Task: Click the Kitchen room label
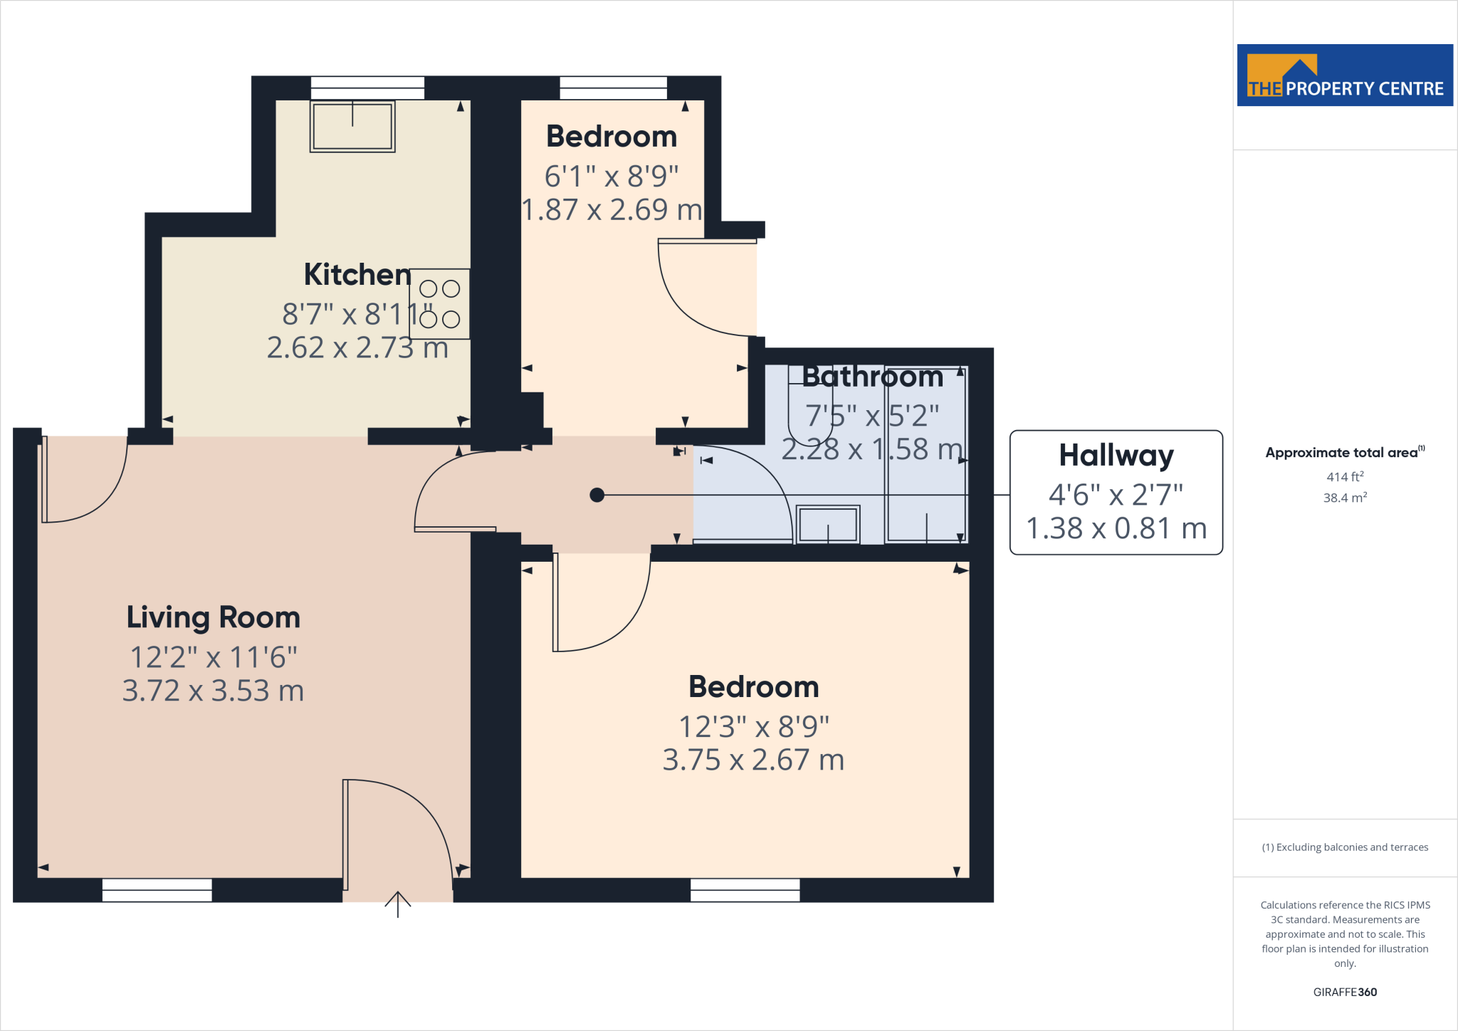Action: (357, 274)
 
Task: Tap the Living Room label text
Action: (213, 617)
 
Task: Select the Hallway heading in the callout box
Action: (1116, 456)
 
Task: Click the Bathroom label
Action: (872, 377)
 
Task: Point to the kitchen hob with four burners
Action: (439, 304)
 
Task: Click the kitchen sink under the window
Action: (352, 127)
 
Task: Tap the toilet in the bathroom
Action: (809, 413)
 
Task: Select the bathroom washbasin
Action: (827, 525)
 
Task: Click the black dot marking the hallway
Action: (597, 495)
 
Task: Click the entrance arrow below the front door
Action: (398, 904)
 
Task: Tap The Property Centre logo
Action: (1345, 75)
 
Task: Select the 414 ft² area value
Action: (1344, 477)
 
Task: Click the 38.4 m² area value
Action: (1344, 498)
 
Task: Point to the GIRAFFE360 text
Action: (1344, 992)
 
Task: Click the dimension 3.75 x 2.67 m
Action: (753, 760)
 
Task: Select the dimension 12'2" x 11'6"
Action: (213, 657)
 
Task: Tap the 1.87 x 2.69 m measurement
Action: (612, 210)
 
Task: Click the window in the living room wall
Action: (157, 890)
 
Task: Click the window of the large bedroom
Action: (745, 890)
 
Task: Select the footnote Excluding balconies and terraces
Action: (1344, 847)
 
